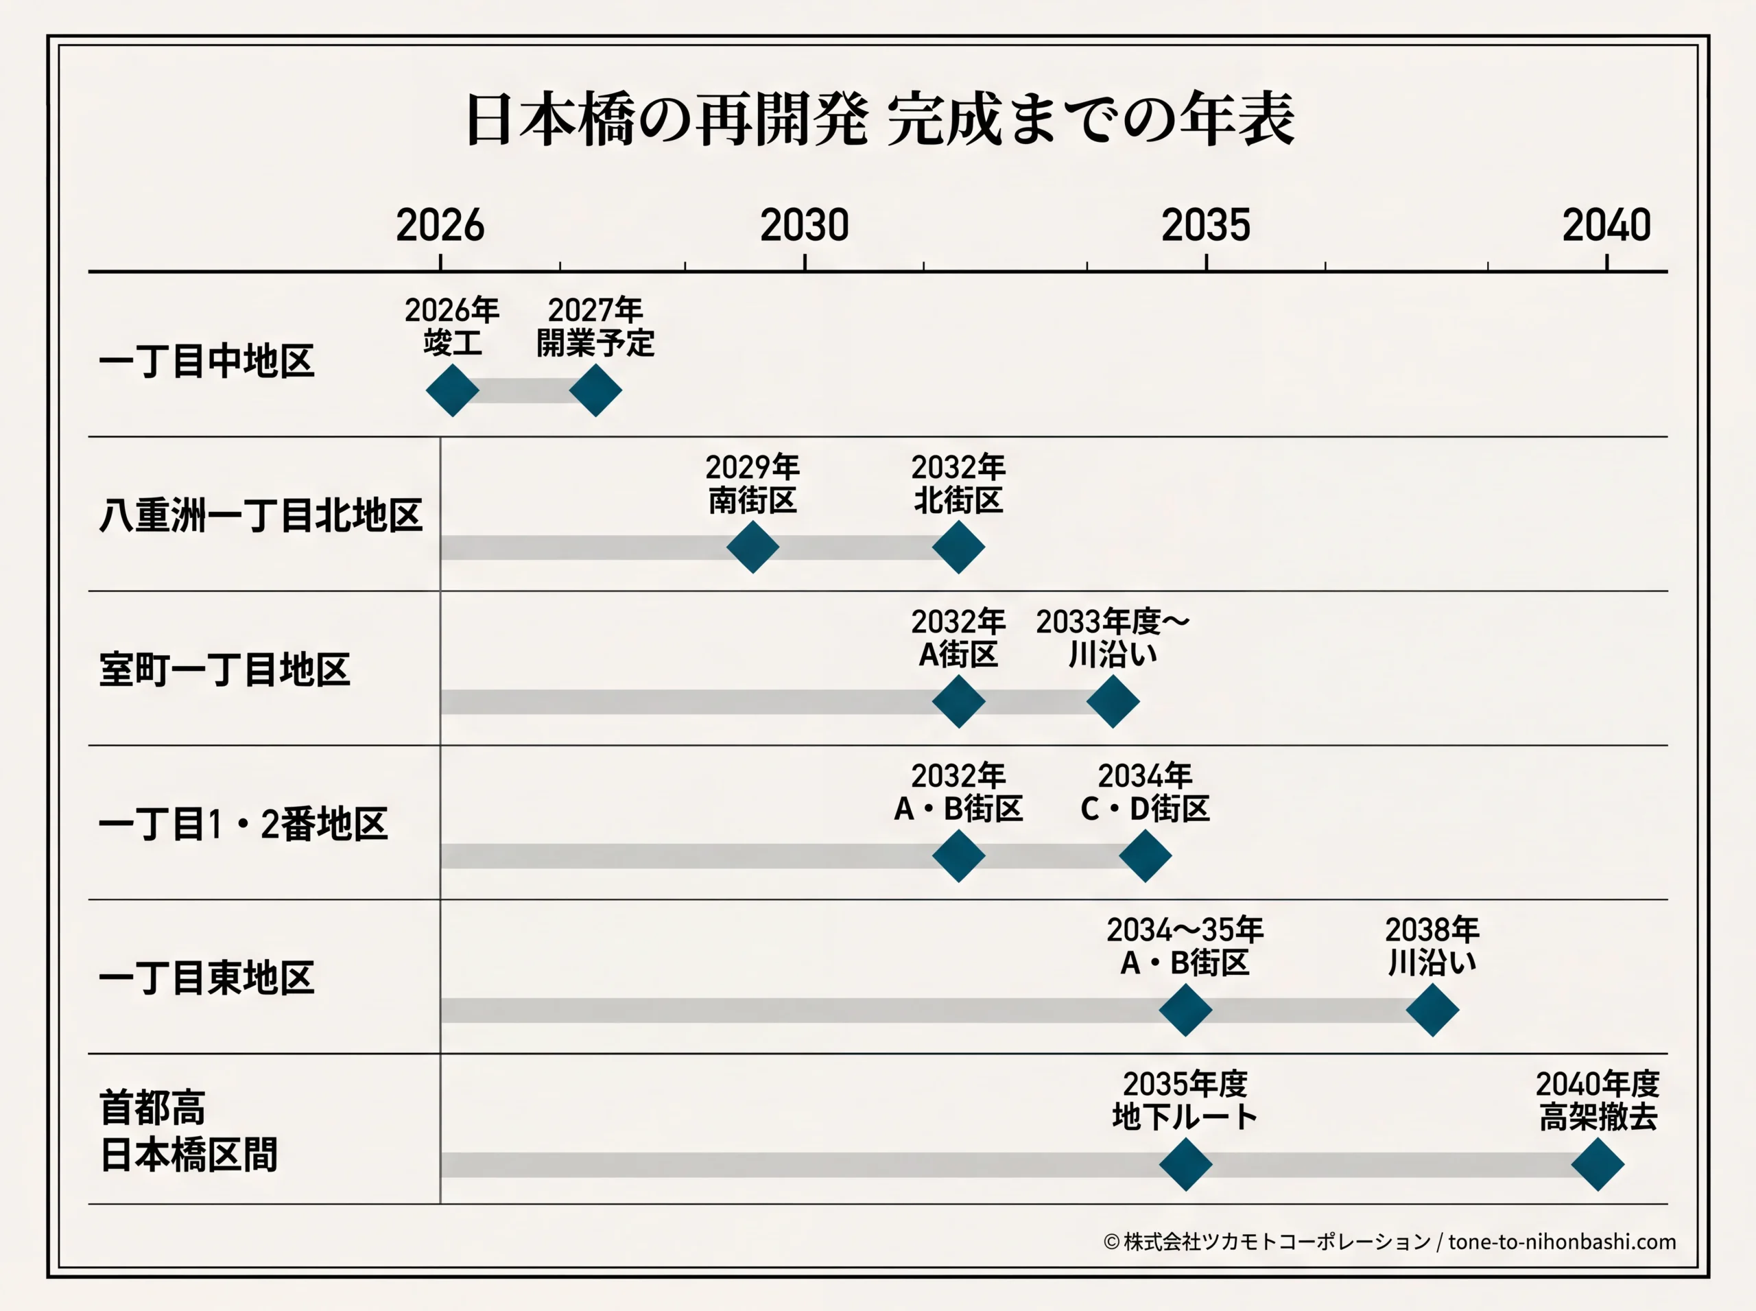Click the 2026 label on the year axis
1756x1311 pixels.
click(x=440, y=226)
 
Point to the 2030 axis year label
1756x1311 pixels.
click(x=805, y=226)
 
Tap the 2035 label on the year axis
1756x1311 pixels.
click(x=1206, y=226)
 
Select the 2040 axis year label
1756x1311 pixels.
click(x=1607, y=226)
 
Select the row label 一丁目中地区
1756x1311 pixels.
click(x=206, y=361)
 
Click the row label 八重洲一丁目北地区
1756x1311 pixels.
click(x=260, y=515)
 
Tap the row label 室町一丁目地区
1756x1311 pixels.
click(x=224, y=669)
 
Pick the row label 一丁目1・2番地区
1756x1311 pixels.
click(x=243, y=824)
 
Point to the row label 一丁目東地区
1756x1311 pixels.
click(x=206, y=978)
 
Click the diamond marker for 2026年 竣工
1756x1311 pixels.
click(x=452, y=390)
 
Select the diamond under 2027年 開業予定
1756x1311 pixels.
click(x=595, y=390)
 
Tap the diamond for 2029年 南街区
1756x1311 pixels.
click(x=752, y=547)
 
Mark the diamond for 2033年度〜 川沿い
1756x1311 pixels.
click(x=1113, y=702)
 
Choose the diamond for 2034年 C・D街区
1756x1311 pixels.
click(x=1145, y=855)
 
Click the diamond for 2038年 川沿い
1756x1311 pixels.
click(x=1432, y=1011)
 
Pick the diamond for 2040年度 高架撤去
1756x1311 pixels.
click(x=1598, y=1164)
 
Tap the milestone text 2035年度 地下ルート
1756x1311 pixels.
click(x=1185, y=1100)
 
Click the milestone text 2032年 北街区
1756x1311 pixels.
click(x=958, y=483)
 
